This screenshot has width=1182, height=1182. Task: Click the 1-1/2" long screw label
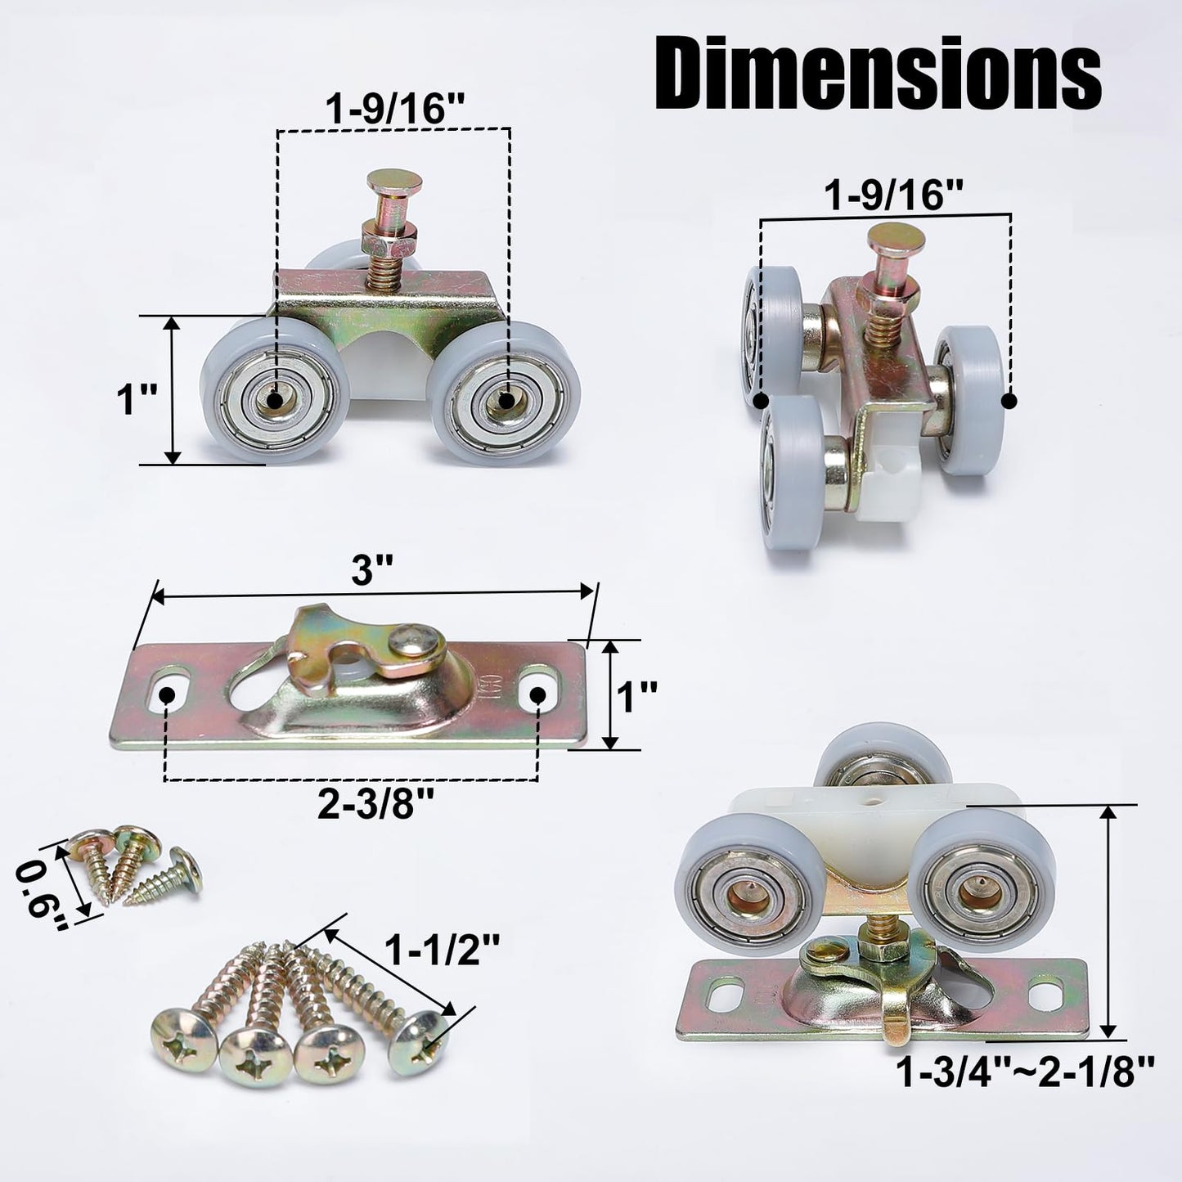pos(442,951)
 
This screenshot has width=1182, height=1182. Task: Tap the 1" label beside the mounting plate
pos(637,697)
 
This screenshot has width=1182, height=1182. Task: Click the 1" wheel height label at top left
pos(136,401)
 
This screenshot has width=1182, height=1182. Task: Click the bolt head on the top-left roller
pos(391,182)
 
